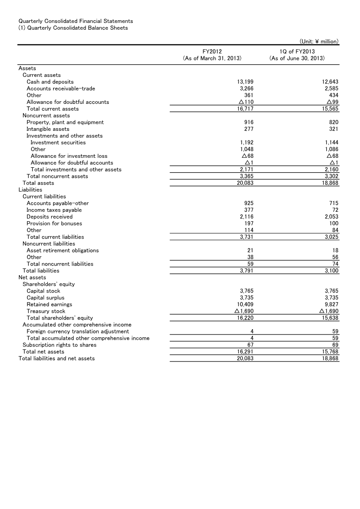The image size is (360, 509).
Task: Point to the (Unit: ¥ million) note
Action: [319, 41]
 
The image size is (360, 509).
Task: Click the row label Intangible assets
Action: [48, 129]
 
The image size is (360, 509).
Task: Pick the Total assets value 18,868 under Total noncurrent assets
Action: [330, 183]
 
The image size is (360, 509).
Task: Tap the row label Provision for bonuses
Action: [54, 223]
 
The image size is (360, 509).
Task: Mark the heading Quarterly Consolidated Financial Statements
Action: [76, 21]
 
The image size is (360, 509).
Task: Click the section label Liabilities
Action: [30, 190]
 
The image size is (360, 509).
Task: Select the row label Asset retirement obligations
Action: [63, 250]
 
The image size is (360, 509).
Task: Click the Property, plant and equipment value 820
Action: [333, 122]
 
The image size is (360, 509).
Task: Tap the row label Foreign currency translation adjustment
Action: [77, 331]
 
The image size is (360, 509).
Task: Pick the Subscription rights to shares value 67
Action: [251, 345]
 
